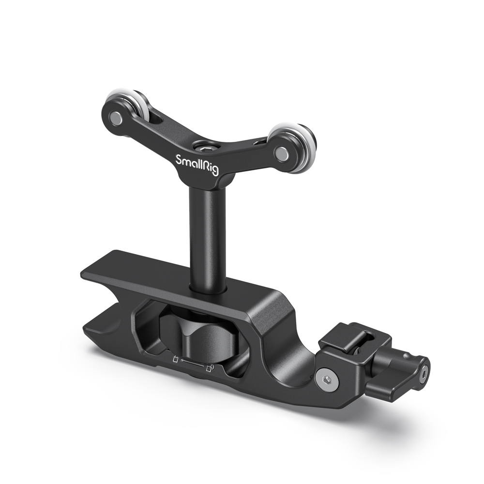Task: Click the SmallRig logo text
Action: point(197,163)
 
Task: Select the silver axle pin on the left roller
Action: point(116,117)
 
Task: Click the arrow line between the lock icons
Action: point(193,364)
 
